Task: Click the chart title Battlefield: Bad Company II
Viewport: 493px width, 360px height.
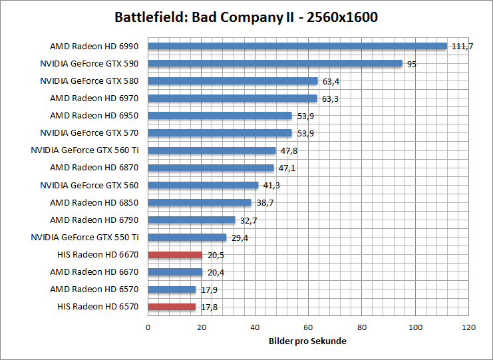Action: click(246, 17)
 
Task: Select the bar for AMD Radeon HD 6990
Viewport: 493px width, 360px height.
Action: click(297, 46)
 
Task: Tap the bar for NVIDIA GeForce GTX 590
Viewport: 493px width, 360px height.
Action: click(275, 64)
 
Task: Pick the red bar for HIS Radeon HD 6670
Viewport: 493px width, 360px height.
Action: click(175, 255)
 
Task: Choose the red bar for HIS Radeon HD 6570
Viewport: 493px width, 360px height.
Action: click(172, 307)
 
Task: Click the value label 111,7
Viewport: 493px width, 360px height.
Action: click(461, 47)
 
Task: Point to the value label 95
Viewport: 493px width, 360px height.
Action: click(412, 64)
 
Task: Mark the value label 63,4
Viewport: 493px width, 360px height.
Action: click(331, 81)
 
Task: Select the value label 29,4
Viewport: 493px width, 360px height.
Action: click(240, 238)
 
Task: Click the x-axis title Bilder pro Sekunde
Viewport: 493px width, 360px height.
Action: click(308, 341)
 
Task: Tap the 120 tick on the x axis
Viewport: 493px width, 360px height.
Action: click(469, 327)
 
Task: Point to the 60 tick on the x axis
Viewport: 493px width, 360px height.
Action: click(308, 327)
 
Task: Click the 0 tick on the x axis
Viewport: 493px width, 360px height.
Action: click(148, 327)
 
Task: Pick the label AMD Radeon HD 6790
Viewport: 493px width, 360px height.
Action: click(94, 220)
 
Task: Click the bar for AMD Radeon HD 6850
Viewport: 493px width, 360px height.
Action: click(200, 202)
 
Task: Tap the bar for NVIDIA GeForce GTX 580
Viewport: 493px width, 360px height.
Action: click(233, 81)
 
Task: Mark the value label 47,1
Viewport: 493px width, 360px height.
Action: click(287, 168)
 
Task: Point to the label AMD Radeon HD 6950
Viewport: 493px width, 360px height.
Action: click(94, 116)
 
